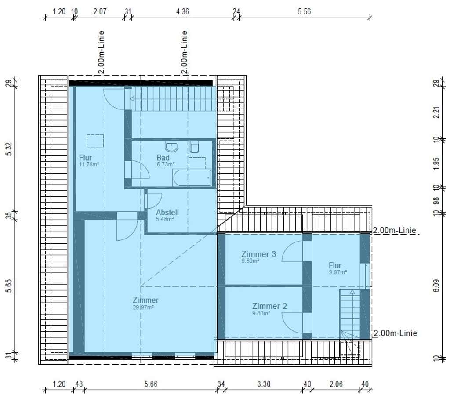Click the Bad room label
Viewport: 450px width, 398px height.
(163, 158)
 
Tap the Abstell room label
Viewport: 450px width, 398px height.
(167, 212)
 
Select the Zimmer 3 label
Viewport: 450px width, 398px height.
(258, 254)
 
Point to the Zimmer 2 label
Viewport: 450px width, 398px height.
(269, 306)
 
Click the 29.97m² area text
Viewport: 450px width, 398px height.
(143, 308)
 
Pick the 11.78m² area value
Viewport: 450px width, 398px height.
(89, 164)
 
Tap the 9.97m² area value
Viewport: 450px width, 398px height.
(338, 272)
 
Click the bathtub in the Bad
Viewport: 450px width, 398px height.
(192, 178)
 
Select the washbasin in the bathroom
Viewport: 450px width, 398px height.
(172, 146)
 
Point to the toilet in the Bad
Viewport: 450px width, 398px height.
(195, 147)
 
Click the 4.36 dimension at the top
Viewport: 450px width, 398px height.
(182, 11)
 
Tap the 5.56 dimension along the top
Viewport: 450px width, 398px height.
(304, 11)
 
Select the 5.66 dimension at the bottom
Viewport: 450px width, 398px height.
(151, 384)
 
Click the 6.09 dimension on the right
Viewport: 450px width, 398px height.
(436, 286)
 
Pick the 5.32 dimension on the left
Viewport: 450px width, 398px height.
(10, 149)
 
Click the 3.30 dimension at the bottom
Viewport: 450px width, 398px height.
(264, 384)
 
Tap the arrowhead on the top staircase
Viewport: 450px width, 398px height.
(132, 99)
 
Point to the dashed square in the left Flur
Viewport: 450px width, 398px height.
(95, 141)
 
